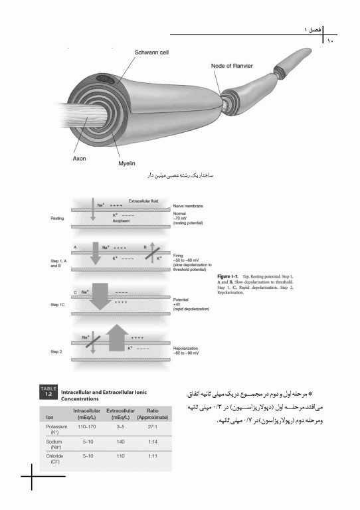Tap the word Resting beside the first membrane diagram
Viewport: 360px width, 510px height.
pyautogui.click(x=56, y=218)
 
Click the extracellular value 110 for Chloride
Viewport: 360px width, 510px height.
pyautogui.click(x=120, y=475)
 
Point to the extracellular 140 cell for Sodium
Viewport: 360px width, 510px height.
pyautogui.click(x=120, y=458)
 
